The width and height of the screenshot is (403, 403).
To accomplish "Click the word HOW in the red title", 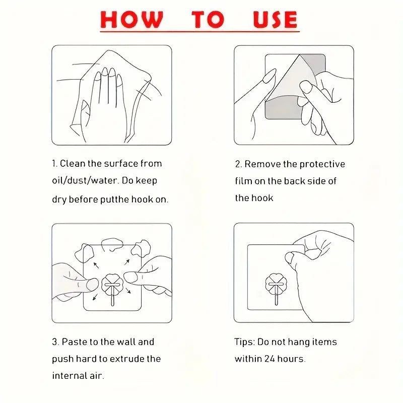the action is point(131,20).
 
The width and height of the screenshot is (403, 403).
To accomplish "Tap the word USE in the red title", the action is point(275,20).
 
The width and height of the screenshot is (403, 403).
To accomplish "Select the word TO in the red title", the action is point(208,20).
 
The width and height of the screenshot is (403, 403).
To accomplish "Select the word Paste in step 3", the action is point(74,342).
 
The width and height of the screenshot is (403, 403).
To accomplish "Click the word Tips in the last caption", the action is point(244,343).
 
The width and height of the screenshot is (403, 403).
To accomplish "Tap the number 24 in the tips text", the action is point(270,359).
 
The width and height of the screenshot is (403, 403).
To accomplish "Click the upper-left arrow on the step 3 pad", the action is point(96,265).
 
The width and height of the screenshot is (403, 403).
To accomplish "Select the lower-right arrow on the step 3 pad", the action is point(128,291).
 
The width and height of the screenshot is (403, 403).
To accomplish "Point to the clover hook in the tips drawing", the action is point(276,288).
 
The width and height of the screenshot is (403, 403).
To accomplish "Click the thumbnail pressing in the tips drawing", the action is point(290,257).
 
